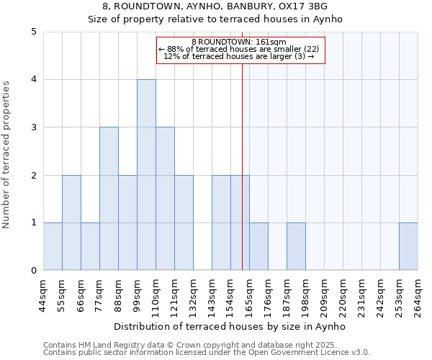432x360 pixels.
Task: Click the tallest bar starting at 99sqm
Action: tap(146, 175)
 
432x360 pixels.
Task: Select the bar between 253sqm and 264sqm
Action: tap(408, 246)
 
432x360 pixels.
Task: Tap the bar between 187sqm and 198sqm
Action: tap(296, 246)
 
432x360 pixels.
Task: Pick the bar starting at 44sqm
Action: tap(53, 246)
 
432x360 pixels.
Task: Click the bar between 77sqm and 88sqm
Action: tap(109, 199)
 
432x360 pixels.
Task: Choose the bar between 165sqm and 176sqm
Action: tap(258, 246)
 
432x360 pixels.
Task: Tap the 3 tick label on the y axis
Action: tap(34, 127)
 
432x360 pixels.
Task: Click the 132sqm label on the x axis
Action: tap(193, 294)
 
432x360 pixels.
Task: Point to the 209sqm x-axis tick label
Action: tap(324, 294)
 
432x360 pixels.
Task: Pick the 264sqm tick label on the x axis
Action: tap(418, 294)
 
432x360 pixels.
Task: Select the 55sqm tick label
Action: tap(62, 294)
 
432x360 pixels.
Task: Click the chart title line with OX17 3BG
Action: tap(215, 6)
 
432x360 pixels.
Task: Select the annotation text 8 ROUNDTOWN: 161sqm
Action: tap(240, 42)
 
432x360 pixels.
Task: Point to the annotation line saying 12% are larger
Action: tap(240, 55)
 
